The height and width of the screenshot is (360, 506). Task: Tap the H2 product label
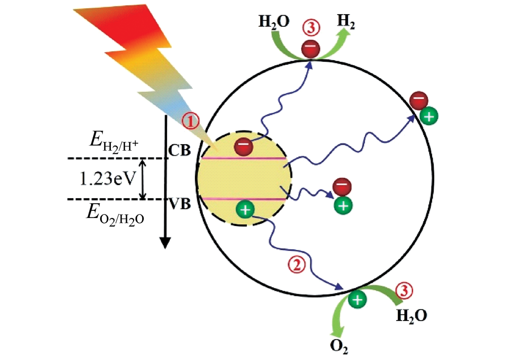(x=345, y=21)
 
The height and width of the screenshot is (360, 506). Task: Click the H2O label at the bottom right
(x=411, y=317)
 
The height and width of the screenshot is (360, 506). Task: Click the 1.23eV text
(x=107, y=178)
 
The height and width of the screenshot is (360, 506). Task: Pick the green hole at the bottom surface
(x=357, y=299)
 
